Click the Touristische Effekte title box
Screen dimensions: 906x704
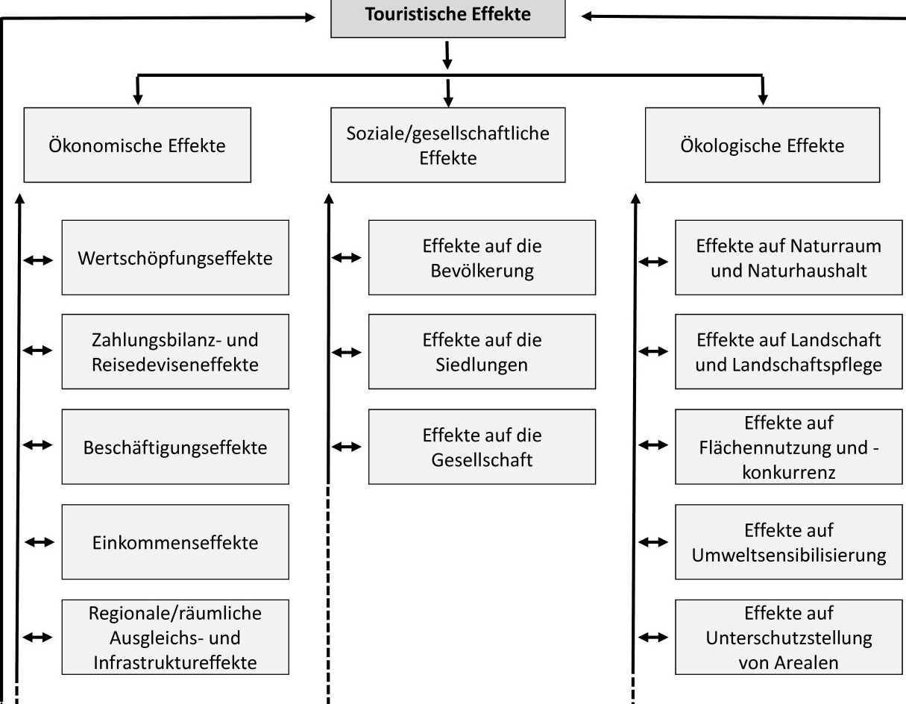click(x=448, y=19)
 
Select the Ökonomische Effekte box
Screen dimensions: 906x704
click(x=137, y=145)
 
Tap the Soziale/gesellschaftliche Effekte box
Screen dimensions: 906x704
click(x=448, y=145)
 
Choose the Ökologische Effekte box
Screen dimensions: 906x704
click(x=762, y=145)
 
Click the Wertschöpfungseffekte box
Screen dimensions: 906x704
click(x=175, y=257)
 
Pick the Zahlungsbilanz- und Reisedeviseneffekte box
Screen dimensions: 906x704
click(x=175, y=352)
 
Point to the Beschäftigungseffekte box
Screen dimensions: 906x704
click(x=175, y=447)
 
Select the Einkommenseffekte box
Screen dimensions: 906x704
click(x=175, y=542)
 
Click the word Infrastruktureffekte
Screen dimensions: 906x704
click(x=175, y=663)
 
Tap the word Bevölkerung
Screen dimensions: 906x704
click(x=482, y=271)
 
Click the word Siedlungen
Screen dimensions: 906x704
click(x=482, y=365)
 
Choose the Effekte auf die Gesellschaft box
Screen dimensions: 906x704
click(x=482, y=447)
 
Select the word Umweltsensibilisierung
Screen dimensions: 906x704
click(x=789, y=555)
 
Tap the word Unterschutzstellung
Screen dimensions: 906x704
click(x=789, y=638)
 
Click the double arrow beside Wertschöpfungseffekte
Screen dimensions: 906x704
click(x=38, y=260)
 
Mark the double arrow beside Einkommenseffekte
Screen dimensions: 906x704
click(x=40, y=542)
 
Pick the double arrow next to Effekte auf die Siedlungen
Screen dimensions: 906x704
click(x=347, y=353)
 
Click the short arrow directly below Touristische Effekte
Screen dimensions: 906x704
click(x=447, y=55)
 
